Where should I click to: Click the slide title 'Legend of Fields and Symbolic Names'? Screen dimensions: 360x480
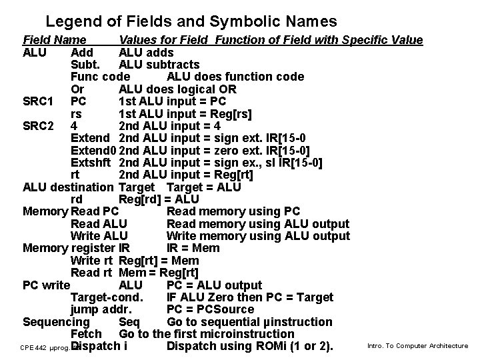[191, 22]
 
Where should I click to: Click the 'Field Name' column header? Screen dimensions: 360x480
[54, 40]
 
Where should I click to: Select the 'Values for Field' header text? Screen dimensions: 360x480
[165, 40]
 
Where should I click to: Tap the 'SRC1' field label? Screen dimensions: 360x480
[38, 101]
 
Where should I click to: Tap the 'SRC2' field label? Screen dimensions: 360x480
[38, 126]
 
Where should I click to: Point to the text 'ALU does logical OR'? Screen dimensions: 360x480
[177, 89]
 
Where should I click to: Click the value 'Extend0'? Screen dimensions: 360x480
[93, 150]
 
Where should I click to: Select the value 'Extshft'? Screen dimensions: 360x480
[91, 163]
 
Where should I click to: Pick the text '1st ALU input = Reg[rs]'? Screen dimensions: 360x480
[185, 114]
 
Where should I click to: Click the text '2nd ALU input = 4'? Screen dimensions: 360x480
[169, 126]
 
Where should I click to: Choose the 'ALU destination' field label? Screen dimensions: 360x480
[68, 187]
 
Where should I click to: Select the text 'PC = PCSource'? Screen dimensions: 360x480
[210, 310]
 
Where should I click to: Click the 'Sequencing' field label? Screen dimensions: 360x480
[56, 322]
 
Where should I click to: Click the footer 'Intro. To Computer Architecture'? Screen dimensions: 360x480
[418, 345]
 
